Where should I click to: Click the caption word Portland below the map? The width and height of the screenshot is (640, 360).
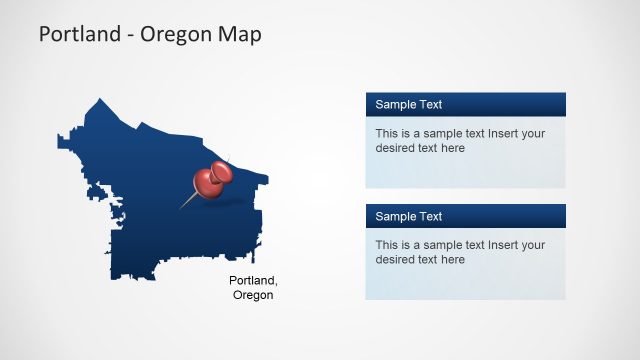252,280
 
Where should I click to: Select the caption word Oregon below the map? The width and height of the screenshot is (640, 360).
252,295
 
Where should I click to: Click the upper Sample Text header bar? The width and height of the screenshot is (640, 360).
465,104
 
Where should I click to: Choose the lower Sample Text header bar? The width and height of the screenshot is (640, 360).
465,216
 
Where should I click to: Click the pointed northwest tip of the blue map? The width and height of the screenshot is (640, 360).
99,99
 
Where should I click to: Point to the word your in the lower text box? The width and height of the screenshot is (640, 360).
534,245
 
